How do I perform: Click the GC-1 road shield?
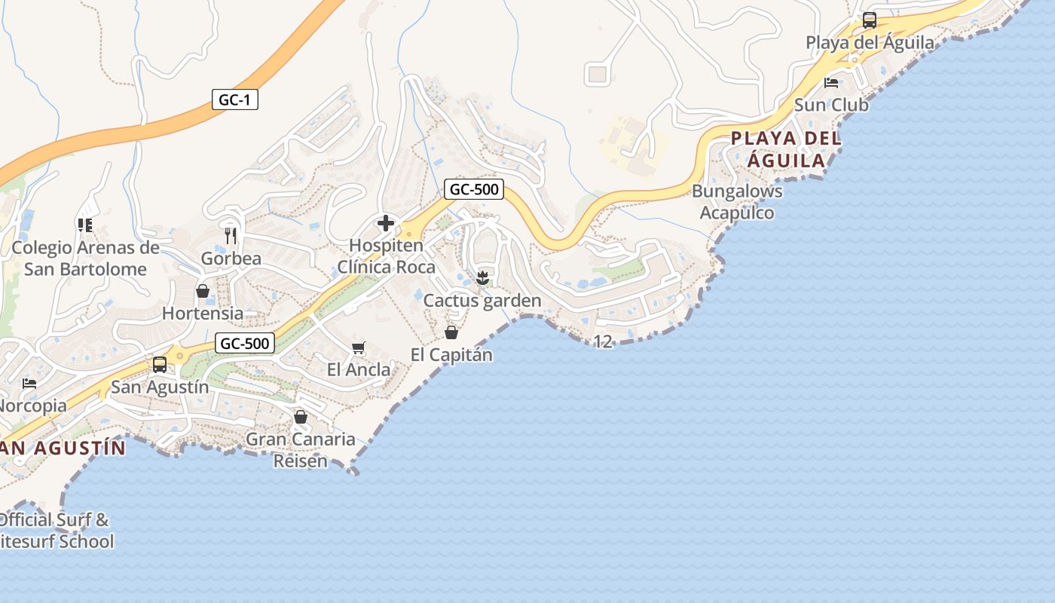click(x=234, y=99)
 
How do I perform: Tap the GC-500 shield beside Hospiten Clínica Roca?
click(x=473, y=189)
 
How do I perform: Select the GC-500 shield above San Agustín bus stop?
click(x=244, y=344)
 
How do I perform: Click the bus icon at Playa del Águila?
click(x=869, y=20)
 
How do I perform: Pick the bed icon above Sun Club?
click(x=831, y=83)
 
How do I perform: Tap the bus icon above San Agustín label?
click(x=160, y=365)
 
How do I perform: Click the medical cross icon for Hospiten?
click(x=386, y=223)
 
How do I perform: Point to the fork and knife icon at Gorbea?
click(x=231, y=235)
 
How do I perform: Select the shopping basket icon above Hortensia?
click(x=203, y=291)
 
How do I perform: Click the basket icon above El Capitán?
click(x=451, y=332)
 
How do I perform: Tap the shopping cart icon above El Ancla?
click(x=359, y=347)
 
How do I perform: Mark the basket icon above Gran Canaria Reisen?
click(x=301, y=417)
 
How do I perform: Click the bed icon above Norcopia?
click(x=29, y=384)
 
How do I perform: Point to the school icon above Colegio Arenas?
click(x=84, y=225)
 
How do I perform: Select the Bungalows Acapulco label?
click(x=737, y=202)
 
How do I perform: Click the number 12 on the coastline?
click(x=603, y=342)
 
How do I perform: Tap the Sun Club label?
click(x=831, y=105)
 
